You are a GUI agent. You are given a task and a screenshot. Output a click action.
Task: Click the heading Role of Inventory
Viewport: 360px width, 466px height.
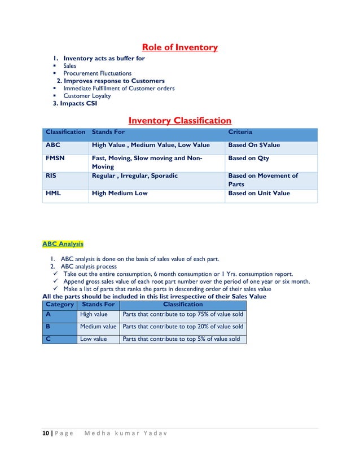pyautogui.click(x=179, y=47)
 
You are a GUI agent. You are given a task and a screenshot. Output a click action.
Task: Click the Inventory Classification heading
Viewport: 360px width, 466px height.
pyautogui.click(x=179, y=121)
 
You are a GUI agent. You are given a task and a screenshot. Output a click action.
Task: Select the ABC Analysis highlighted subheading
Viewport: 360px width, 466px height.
pyautogui.click(x=63, y=244)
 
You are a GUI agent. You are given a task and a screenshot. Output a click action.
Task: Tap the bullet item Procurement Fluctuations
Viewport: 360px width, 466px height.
pyautogui.click(x=97, y=73)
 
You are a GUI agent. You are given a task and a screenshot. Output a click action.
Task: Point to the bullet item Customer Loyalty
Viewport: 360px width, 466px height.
pyautogui.click(x=87, y=96)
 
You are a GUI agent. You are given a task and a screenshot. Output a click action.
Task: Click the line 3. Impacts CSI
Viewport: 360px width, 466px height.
pyautogui.click(x=74, y=104)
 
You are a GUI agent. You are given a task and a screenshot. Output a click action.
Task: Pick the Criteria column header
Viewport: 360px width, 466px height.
pyautogui.click(x=240, y=131)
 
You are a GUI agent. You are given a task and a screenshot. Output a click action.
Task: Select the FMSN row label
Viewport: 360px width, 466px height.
pyautogui.click(x=55, y=159)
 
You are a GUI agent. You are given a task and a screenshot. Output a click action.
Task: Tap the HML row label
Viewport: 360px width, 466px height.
pyautogui.click(x=52, y=194)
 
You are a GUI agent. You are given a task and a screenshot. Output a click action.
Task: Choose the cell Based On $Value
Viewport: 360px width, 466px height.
pyautogui.click(x=253, y=146)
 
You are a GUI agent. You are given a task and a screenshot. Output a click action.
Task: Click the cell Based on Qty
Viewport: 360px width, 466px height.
pyautogui.click(x=248, y=159)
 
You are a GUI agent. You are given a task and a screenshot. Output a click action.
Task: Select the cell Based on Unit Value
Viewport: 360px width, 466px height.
pyautogui.click(x=258, y=194)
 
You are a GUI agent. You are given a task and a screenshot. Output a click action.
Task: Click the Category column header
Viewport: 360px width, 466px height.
pyautogui.click(x=59, y=305)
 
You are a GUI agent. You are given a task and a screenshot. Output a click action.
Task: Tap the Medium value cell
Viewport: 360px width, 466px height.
pyautogui.click(x=98, y=327)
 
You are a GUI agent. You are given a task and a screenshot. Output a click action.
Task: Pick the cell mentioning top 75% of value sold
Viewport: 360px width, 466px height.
pyautogui.click(x=183, y=315)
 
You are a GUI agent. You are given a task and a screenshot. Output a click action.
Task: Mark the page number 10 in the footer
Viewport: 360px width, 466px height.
pyautogui.click(x=45, y=433)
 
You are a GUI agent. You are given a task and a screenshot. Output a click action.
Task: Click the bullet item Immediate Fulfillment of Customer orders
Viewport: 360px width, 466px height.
pyautogui.click(x=118, y=89)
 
